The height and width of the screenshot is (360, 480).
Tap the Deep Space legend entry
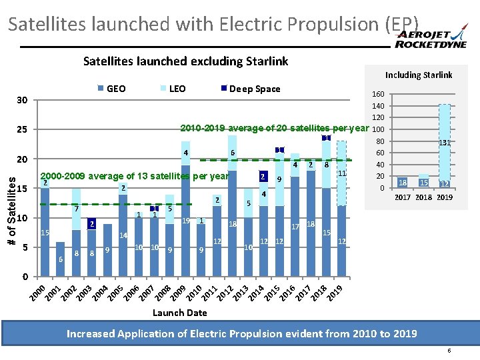point(250,89)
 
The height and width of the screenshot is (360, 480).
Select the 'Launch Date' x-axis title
point(179,313)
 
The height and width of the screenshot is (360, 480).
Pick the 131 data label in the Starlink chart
point(445,142)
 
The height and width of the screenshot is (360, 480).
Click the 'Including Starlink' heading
point(418,75)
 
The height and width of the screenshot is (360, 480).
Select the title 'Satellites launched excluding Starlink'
point(185,61)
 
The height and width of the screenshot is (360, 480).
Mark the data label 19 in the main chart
point(186,221)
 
